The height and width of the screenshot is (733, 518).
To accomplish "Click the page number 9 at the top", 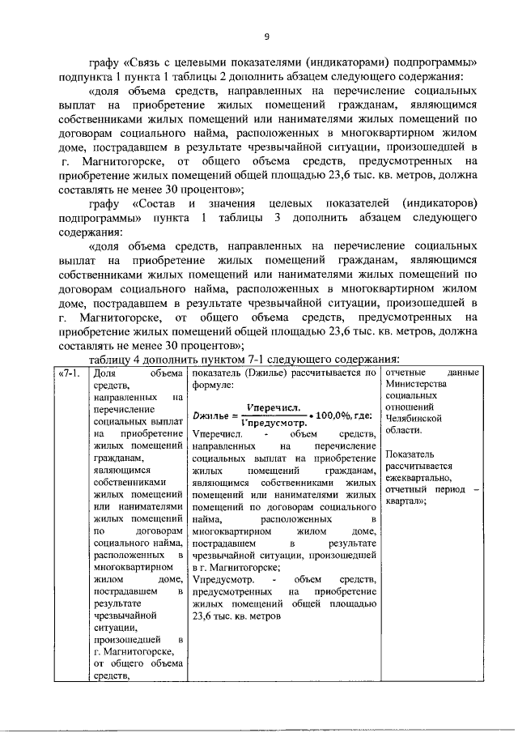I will pos(266,35).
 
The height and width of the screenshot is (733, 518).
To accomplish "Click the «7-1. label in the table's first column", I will pos(70,373).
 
